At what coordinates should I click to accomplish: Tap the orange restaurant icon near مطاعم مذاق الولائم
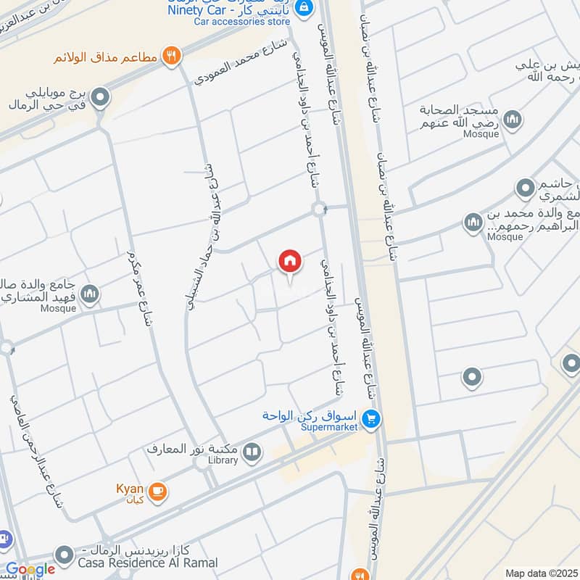[x=171, y=56]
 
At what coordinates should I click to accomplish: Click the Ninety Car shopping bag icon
[x=304, y=7]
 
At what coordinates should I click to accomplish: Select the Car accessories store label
[x=241, y=22]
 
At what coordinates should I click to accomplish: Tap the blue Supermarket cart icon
[x=371, y=419]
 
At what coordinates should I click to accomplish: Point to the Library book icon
[x=252, y=454]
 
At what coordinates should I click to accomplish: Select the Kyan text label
[x=129, y=489]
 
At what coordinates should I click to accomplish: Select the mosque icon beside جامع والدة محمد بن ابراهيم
[x=473, y=222]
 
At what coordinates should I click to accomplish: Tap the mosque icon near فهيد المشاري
[x=90, y=294]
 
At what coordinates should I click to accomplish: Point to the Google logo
[x=30, y=570]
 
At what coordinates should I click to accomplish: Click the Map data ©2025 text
[x=541, y=573]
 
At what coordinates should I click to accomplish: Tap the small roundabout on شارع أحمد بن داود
[x=319, y=210]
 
